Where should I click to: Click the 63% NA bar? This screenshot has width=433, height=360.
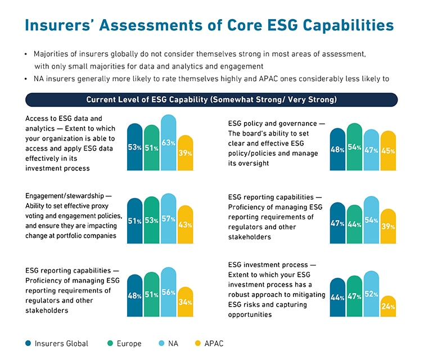[169, 143]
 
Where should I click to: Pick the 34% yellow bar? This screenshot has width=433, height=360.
[185, 301]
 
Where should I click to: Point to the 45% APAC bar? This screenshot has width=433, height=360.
[387, 150]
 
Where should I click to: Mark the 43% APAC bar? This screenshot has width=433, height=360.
[185, 224]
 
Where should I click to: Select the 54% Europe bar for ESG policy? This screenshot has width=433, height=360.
[354, 147]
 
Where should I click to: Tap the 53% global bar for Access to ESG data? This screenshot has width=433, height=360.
[135, 147]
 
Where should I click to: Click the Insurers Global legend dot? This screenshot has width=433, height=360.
[28, 343]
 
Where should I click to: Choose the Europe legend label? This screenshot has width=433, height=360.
[129, 343]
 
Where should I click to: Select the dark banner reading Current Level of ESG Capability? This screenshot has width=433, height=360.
[211, 100]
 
